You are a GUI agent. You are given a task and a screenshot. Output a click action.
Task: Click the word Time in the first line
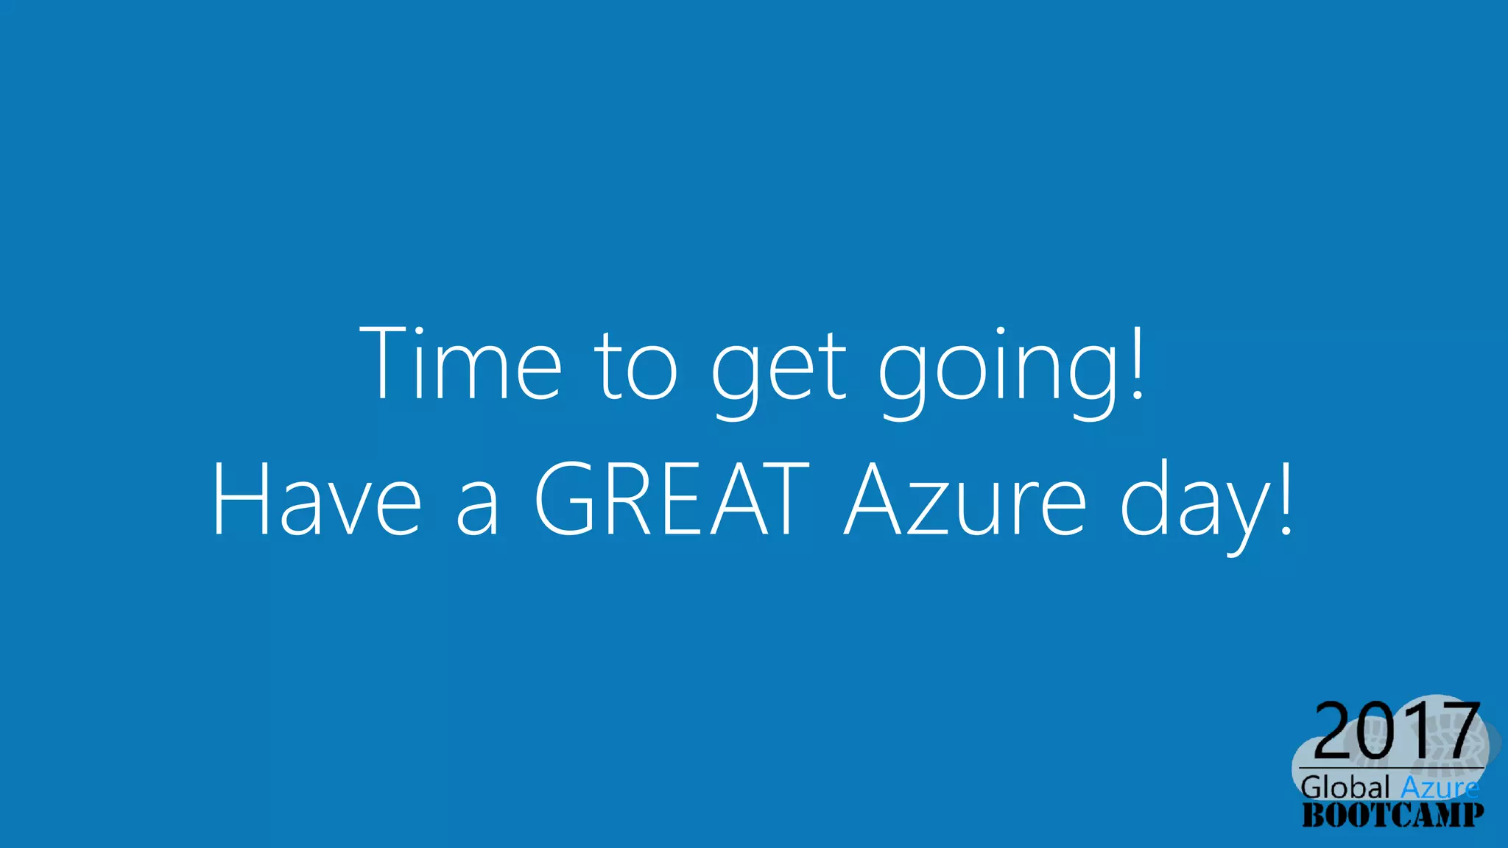pos(460,364)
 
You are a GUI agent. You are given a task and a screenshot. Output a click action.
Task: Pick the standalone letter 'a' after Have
pos(478,508)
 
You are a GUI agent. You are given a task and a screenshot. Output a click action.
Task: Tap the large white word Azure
pos(965,501)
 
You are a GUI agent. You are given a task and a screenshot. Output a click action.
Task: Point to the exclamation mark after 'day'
pos(1286,498)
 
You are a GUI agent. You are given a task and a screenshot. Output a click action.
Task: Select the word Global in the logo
pos(1345,787)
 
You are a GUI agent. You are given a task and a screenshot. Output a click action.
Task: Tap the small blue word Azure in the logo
pos(1440,787)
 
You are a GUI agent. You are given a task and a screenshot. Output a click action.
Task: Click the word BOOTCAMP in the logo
pos(1392,815)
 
